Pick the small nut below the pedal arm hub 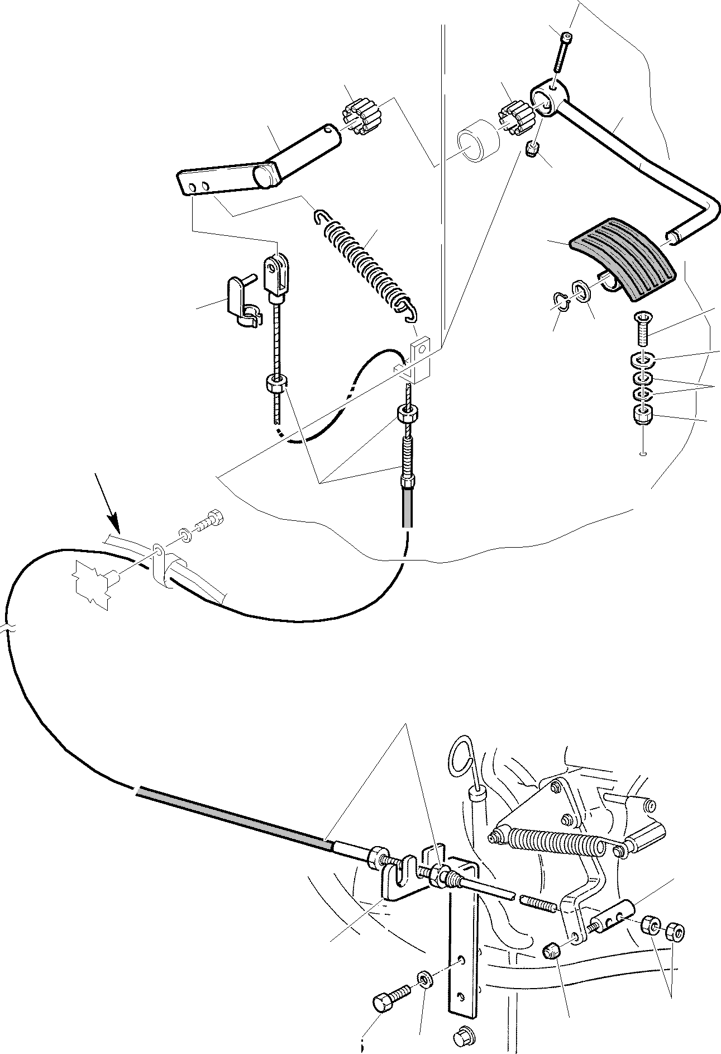(x=533, y=149)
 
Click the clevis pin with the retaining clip (x=240, y=302)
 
